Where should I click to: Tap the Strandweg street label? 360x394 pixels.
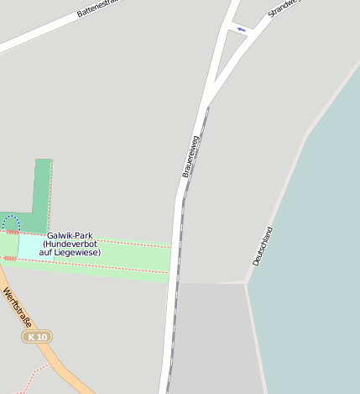(x=283, y=8)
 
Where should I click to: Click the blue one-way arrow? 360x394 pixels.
(x=242, y=29)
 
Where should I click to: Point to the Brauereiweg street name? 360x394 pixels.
(x=190, y=155)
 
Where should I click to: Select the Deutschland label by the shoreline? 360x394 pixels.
(x=263, y=246)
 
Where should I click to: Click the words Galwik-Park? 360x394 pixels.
(x=70, y=236)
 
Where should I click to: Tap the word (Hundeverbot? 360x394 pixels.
(x=70, y=244)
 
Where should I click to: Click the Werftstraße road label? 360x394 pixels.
(x=17, y=308)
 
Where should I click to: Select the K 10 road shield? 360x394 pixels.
(x=36, y=337)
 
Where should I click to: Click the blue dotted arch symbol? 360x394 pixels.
(x=11, y=223)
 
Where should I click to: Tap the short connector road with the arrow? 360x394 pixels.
(x=240, y=29)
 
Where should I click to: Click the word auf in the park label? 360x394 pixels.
(x=46, y=252)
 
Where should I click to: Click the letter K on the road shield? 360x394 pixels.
(x=31, y=337)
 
